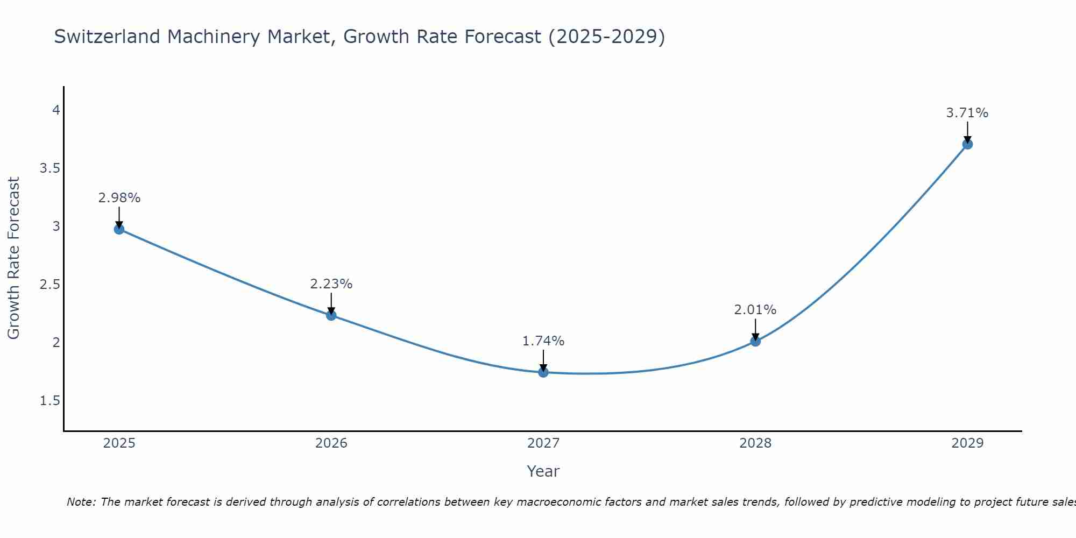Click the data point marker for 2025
[119, 229]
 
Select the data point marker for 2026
[331, 315]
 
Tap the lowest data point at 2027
[543, 372]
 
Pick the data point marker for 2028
[755, 341]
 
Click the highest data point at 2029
[967, 144]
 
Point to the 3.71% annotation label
[967, 113]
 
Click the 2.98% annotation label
[119, 198]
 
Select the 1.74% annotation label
[543, 341]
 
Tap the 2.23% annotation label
[331, 284]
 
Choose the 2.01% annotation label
[755, 310]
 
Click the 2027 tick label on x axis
[543, 443]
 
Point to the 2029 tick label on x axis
[967, 443]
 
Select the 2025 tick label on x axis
[119, 443]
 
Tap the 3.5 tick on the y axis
[50, 168]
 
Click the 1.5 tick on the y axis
[50, 401]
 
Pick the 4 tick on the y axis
[56, 110]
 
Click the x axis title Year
[543, 471]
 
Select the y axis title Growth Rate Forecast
[13, 258]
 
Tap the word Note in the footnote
[81, 502]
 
